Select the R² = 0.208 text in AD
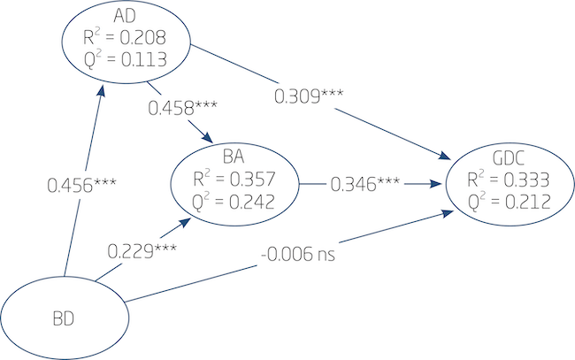click(125, 38)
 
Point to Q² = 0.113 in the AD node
click(125, 59)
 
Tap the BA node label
click(234, 158)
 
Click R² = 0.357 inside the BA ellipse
click(234, 178)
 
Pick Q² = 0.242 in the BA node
click(234, 200)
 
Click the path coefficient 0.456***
click(82, 186)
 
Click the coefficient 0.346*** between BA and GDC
click(365, 185)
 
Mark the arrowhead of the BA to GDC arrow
click(436, 185)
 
